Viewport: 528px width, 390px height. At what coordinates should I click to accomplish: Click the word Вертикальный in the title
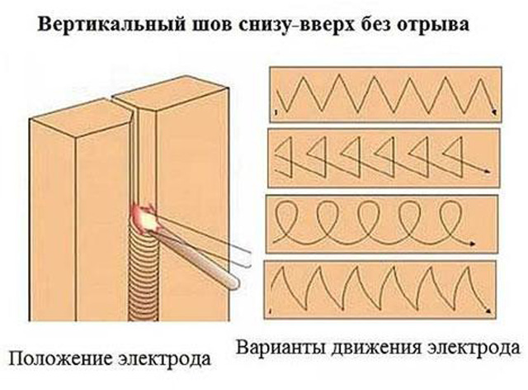click(x=111, y=25)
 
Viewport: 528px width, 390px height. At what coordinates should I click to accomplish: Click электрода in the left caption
click(x=164, y=359)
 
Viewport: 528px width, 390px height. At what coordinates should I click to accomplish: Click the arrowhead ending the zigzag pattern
click(x=494, y=112)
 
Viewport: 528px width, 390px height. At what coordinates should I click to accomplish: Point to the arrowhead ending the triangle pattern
click(x=487, y=172)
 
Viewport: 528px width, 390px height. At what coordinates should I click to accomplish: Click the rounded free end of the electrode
click(x=233, y=283)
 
